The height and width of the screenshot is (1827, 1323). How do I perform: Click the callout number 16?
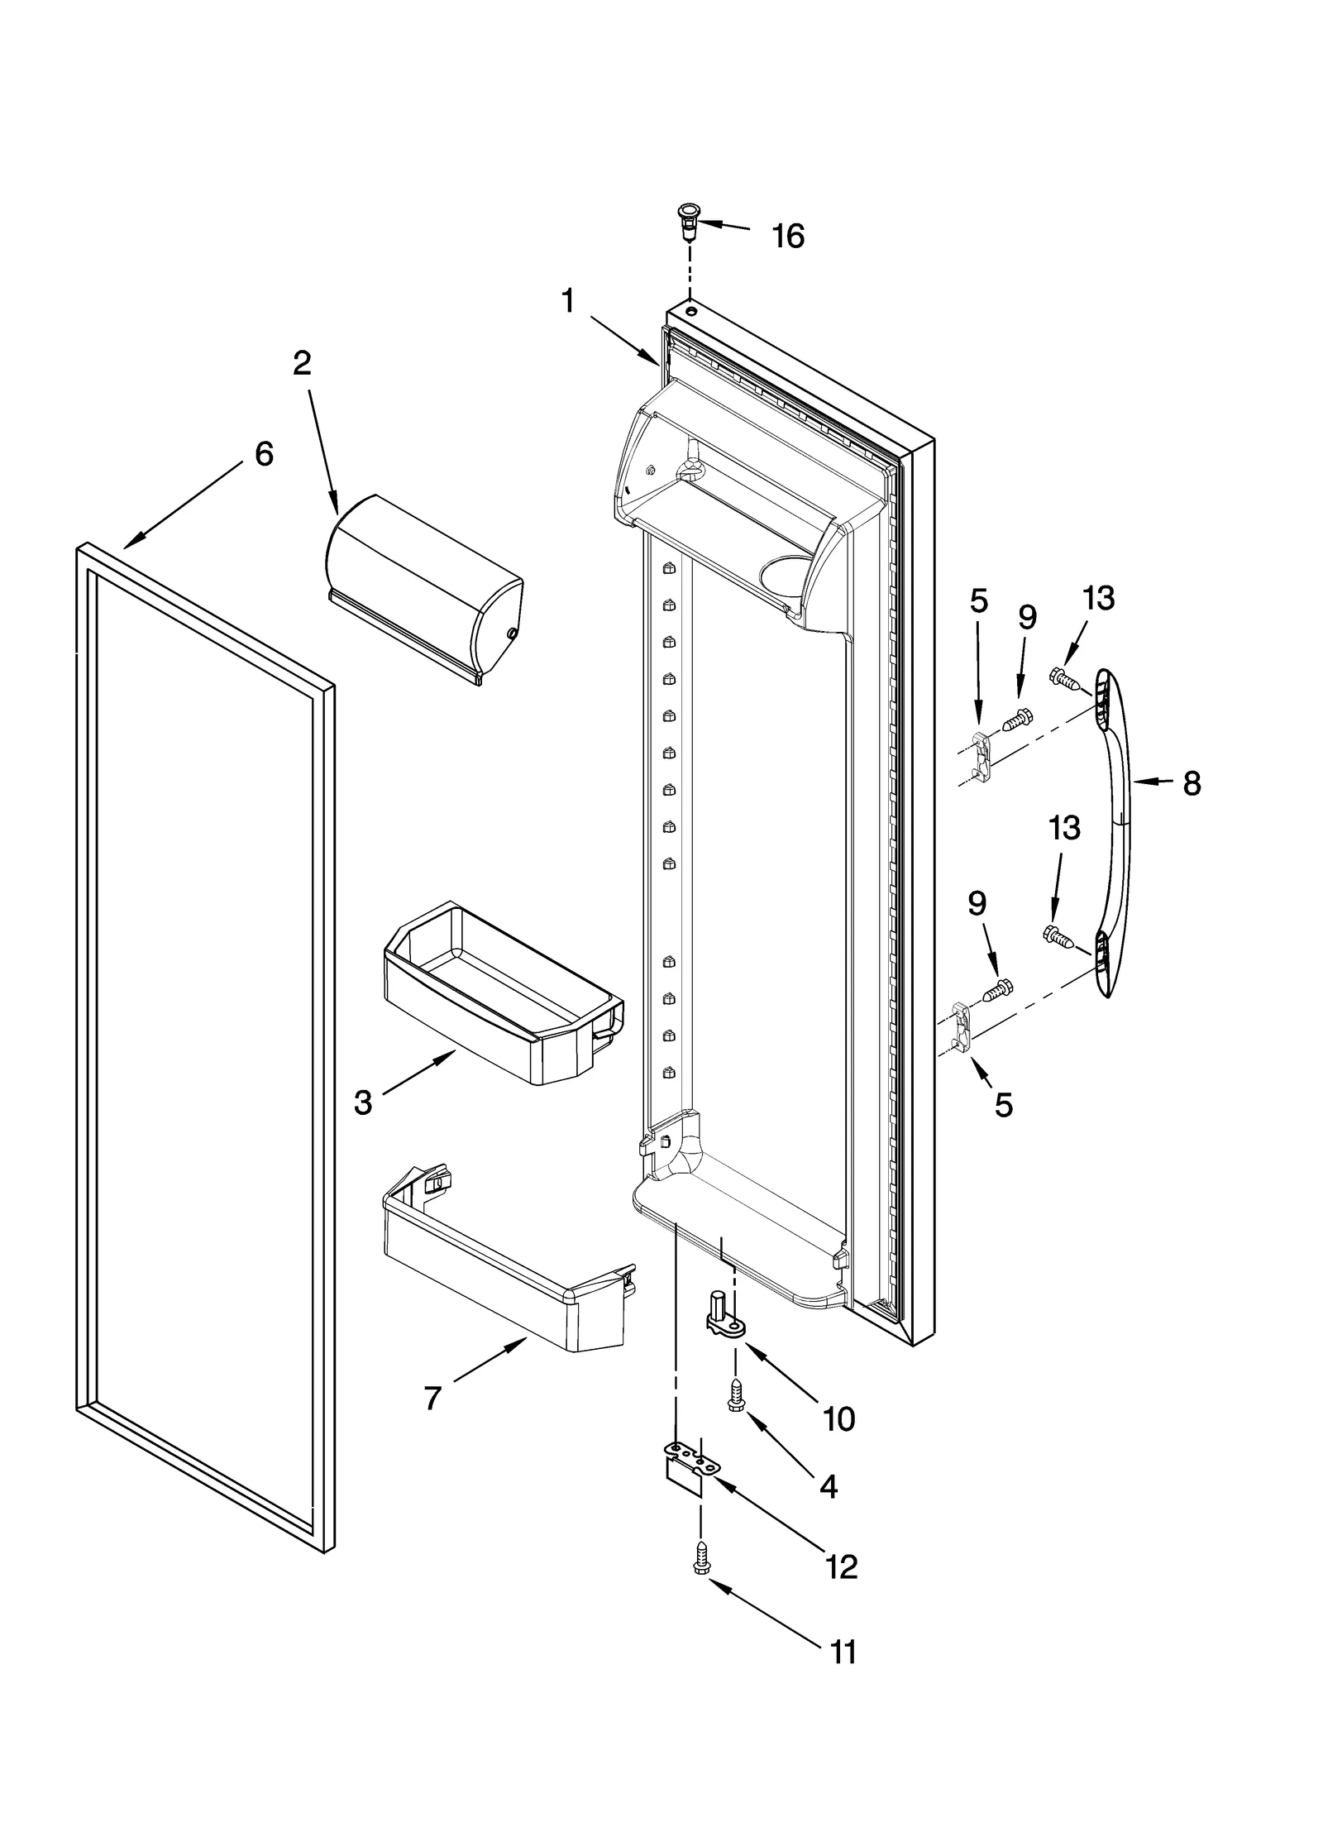tap(787, 237)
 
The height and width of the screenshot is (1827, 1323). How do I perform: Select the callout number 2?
tap(303, 363)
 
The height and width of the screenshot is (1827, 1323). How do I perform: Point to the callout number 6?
tap(263, 454)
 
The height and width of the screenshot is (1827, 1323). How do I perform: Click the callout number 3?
tap(363, 1102)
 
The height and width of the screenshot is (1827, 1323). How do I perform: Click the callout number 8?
tap(1191, 783)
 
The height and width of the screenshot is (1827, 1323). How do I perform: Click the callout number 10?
tap(838, 1420)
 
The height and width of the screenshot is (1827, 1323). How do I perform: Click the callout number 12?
tap(842, 1567)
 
